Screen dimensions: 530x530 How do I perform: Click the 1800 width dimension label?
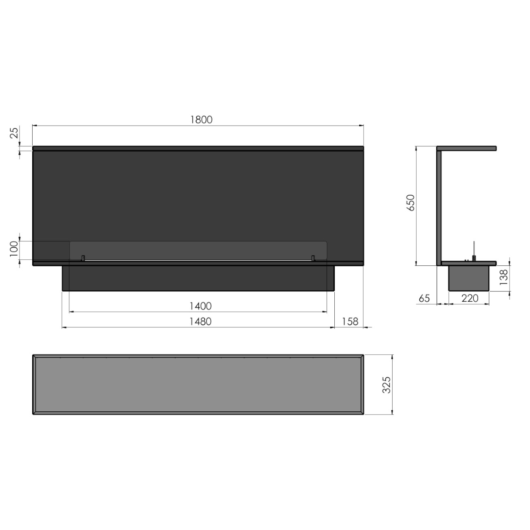[x=201, y=119]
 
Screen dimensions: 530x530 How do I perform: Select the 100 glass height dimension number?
[x=14, y=249]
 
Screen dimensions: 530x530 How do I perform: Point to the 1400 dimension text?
[x=201, y=306]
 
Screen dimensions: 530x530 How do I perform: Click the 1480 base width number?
[x=201, y=322]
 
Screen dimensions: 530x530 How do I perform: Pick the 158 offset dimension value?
[x=350, y=322]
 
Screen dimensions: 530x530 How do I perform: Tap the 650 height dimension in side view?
[x=411, y=203]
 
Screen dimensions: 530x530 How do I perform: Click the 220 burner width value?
[x=470, y=298]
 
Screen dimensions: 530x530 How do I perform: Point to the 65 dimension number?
[x=424, y=298]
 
